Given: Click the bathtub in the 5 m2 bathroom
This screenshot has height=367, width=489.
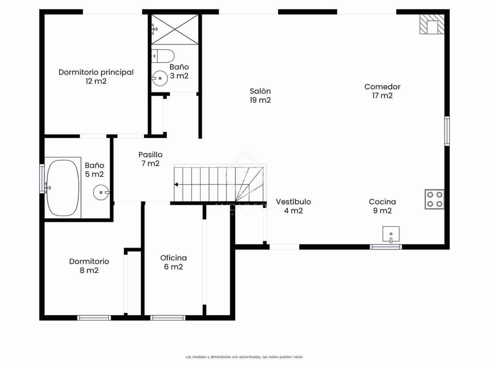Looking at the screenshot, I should point(63,187).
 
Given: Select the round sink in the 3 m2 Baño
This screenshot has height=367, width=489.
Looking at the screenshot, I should point(160,79).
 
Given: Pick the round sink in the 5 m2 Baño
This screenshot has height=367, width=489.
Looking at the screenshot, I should point(101,192).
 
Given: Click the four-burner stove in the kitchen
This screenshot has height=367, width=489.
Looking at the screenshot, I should point(434,199).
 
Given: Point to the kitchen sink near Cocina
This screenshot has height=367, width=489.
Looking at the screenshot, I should point(391,234).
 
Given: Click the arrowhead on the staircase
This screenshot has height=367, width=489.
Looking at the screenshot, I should point(176,184).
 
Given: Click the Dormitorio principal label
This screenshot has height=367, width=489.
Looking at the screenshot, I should point(96,72).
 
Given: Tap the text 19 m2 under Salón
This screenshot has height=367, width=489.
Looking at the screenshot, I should point(260,100).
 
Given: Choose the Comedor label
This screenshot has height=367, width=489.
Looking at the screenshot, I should point(382,87).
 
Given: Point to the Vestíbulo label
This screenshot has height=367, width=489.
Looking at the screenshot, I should point(293,202).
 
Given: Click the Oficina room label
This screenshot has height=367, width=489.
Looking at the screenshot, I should point(173,258).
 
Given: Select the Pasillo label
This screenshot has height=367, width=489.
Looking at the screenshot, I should point(150,154).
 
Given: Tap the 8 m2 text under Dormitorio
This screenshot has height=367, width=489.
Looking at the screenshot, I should point(89,270).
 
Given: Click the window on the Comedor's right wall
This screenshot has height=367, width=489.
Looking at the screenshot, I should point(447,131).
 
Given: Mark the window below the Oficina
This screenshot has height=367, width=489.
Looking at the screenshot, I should point(168,318).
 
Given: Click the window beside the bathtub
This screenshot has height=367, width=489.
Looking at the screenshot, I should point(42,179).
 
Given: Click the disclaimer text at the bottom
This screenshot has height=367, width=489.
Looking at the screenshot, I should point(244,357).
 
